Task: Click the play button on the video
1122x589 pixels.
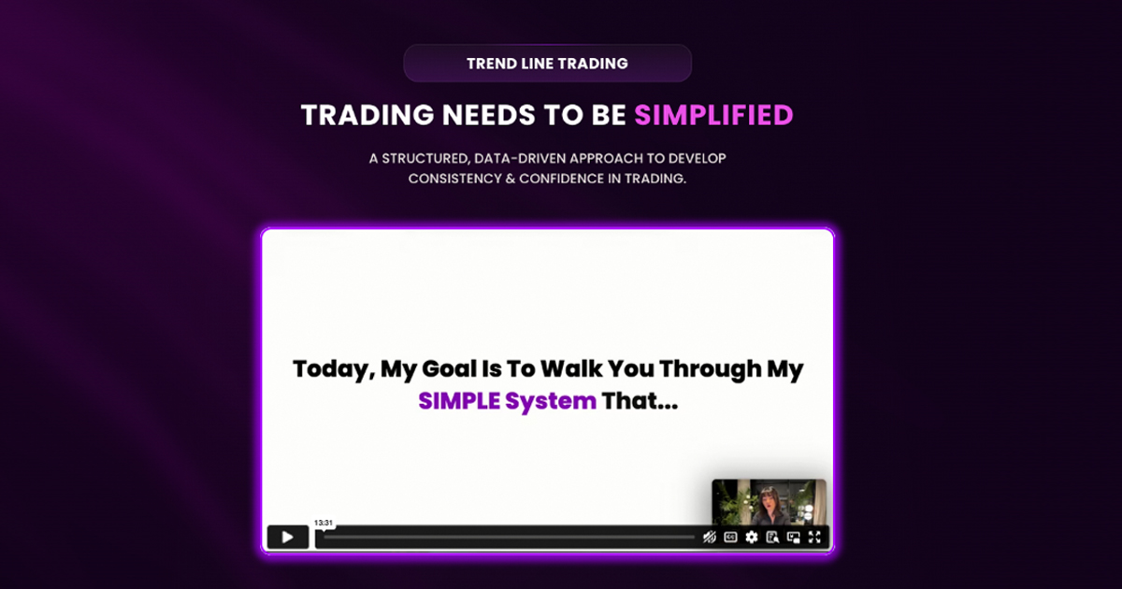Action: [287, 537]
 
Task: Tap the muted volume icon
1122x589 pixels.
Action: [710, 537]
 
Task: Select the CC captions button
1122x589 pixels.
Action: [730, 537]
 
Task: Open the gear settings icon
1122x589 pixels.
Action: [751, 537]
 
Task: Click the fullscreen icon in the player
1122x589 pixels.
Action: [814, 537]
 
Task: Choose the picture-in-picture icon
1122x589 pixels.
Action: [794, 537]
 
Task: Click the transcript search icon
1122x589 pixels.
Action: [772, 537]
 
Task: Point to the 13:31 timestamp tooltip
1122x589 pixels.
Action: [324, 523]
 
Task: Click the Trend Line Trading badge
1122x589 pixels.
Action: [547, 64]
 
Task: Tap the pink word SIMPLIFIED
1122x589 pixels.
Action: [713, 115]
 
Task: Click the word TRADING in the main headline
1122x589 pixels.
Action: [367, 115]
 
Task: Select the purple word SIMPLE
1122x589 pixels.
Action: [457, 402]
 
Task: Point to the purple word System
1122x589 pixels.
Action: [550, 402]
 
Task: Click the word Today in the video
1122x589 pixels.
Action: [332, 369]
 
